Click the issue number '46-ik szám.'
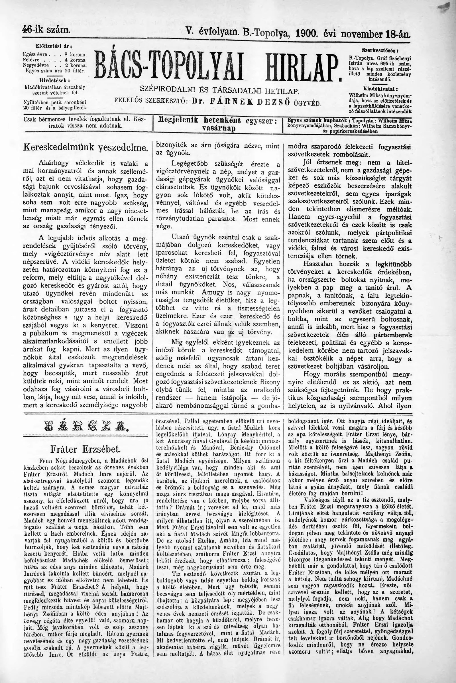[46, 30]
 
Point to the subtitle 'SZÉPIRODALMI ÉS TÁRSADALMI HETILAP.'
[219, 90]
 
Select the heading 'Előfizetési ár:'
[54, 46]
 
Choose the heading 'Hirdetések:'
[54, 80]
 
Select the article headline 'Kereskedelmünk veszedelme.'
[85, 147]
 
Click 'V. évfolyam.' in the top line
[211, 33]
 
